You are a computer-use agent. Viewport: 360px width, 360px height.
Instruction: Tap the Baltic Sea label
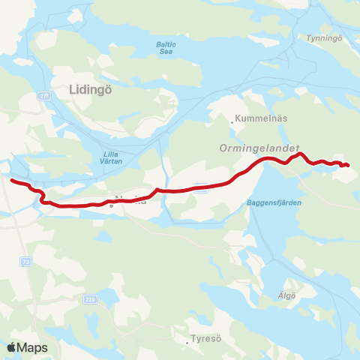(x=166, y=47)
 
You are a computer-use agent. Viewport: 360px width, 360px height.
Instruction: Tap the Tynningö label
(x=324, y=37)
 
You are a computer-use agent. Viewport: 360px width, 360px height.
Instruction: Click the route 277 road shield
(x=44, y=95)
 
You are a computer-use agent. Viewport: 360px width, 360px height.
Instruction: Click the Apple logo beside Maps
(x=10, y=347)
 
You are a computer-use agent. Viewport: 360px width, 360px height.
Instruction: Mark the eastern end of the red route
(x=349, y=165)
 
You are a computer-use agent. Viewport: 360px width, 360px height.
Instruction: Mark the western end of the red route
(x=11, y=180)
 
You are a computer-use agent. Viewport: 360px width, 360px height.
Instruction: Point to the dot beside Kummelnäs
(x=232, y=118)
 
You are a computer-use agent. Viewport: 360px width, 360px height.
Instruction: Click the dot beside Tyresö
(x=188, y=338)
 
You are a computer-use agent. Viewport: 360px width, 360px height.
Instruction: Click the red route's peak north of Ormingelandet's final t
(x=299, y=154)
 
